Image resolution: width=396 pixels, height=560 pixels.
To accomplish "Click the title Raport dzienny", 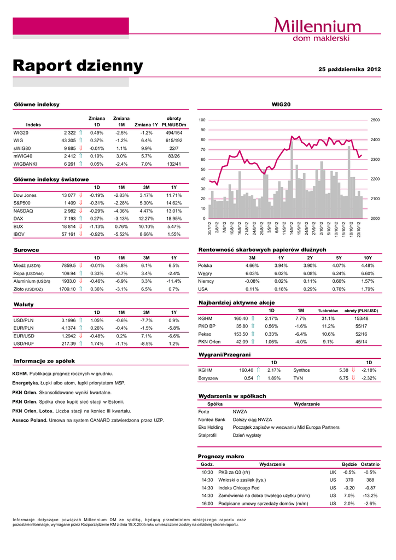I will tap(78, 66).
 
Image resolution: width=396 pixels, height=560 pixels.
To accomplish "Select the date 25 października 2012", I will tap(350, 69).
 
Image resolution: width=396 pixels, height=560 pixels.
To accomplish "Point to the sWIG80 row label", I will tap(22, 148).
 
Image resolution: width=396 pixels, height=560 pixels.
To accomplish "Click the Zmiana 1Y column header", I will tap(146, 125).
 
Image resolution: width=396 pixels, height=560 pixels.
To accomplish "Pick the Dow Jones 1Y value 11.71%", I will tap(173, 195).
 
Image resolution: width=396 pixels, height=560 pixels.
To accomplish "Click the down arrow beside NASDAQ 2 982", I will tap(80, 211).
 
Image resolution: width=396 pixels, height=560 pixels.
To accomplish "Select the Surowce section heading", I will tap(26, 250).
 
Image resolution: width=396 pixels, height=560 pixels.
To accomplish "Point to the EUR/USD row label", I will tap(24, 336).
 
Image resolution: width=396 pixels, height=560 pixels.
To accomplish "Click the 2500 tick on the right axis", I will tap(375, 120).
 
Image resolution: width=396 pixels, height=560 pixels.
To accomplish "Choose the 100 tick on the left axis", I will tap(202, 120).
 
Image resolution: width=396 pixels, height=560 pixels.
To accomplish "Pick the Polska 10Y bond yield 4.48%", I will tap(368, 266).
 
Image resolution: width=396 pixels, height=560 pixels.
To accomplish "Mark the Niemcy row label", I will tap(207, 281).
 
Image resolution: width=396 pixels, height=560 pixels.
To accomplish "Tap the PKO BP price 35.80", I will tap(242, 326).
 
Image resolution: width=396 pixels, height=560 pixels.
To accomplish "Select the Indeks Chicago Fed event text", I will tap(238, 488).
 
